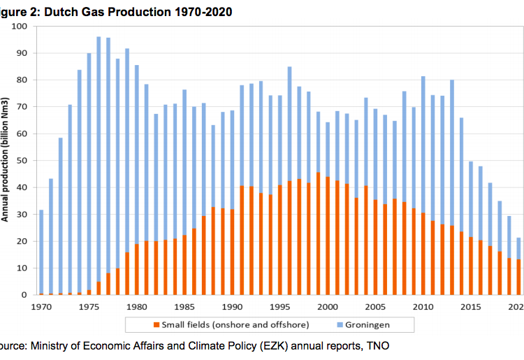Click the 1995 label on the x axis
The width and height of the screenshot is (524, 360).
[x=279, y=305]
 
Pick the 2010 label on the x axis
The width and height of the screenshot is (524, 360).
[x=423, y=305]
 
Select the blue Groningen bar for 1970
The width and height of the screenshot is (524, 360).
[x=41, y=252]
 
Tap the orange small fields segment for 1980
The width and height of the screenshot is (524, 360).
[x=136, y=269]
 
